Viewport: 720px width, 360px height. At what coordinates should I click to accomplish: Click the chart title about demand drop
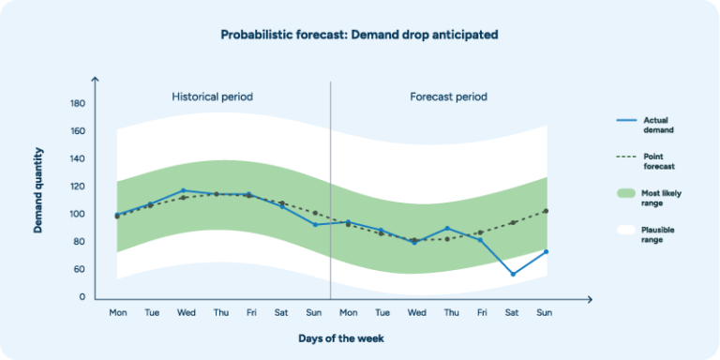coord(359,35)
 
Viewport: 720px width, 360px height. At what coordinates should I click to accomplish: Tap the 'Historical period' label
coord(212,97)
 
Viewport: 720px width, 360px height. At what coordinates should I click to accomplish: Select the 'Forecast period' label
coord(448,97)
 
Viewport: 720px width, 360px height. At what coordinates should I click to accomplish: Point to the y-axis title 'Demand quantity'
coord(39,189)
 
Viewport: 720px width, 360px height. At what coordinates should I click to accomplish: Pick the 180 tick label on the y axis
coord(78,103)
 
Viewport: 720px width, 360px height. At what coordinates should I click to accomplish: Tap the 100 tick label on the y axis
coord(78,214)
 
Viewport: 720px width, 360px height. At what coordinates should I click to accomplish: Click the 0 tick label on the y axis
coord(82,297)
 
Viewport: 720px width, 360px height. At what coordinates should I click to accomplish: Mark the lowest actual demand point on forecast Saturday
coord(513,274)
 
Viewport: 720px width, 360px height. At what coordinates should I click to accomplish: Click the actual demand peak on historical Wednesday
coord(184,190)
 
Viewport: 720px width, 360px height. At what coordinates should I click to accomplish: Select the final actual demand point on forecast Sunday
coord(546,251)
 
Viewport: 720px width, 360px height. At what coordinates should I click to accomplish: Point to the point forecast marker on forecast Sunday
coord(546,211)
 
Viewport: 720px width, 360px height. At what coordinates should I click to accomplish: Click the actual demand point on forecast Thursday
coord(447,228)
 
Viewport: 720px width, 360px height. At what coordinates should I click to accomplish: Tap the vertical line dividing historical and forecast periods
coord(330,187)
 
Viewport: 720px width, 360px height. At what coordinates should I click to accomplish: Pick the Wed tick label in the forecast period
coord(415,313)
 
